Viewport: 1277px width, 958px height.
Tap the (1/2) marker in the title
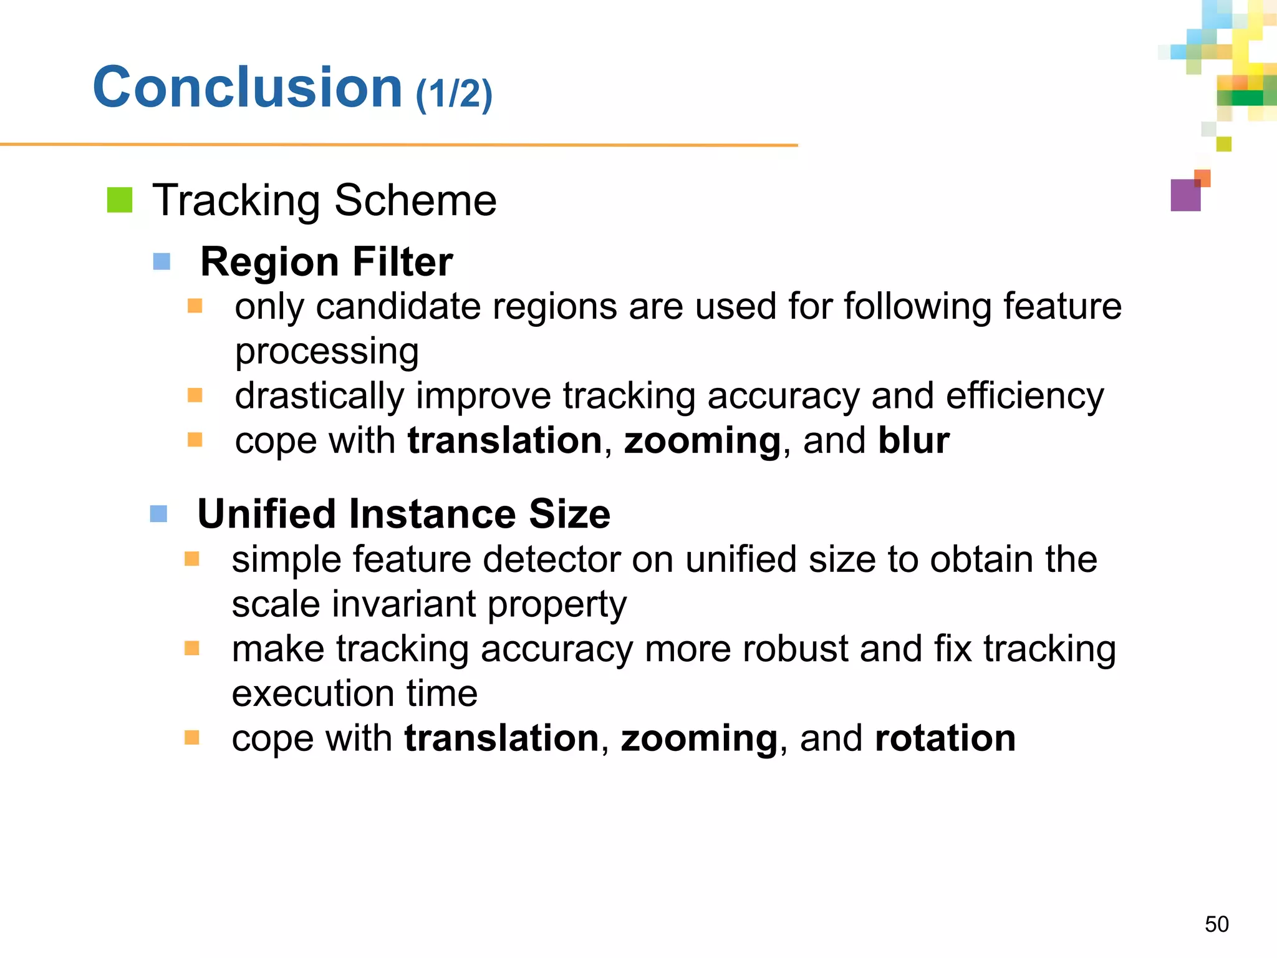point(454,94)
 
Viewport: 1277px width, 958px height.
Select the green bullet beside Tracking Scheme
point(120,200)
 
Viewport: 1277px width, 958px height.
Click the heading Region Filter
point(326,261)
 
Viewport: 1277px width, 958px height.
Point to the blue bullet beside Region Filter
point(161,261)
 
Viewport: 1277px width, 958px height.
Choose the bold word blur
point(913,440)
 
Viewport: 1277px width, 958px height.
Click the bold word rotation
point(945,738)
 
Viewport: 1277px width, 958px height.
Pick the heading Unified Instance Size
point(403,514)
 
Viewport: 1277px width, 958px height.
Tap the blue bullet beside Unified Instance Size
point(159,514)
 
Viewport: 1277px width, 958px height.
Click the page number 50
point(1217,924)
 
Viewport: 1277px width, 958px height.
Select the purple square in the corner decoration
point(1185,195)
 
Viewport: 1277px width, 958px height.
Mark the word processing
point(327,352)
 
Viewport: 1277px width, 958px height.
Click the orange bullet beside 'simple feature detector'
point(192,559)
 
